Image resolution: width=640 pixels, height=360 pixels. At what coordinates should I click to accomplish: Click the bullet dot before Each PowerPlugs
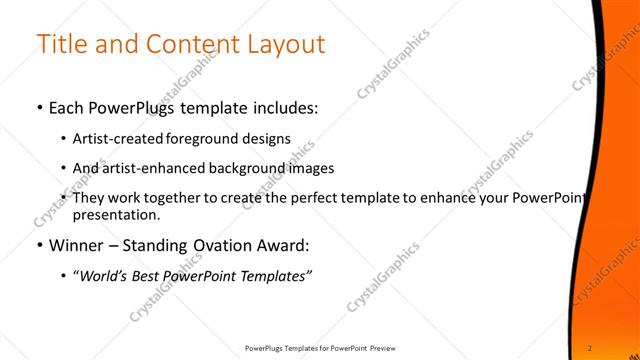click(x=39, y=108)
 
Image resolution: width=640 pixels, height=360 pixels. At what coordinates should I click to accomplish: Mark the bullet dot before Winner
click(x=39, y=246)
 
